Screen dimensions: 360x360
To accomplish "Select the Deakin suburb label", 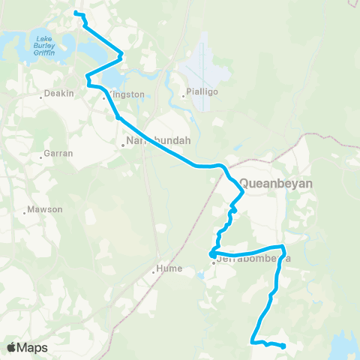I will (x=58, y=95).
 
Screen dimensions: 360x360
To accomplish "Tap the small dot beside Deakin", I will (x=40, y=97).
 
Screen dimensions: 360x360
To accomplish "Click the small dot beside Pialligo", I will (x=183, y=97).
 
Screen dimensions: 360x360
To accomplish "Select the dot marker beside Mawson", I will (x=25, y=211).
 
